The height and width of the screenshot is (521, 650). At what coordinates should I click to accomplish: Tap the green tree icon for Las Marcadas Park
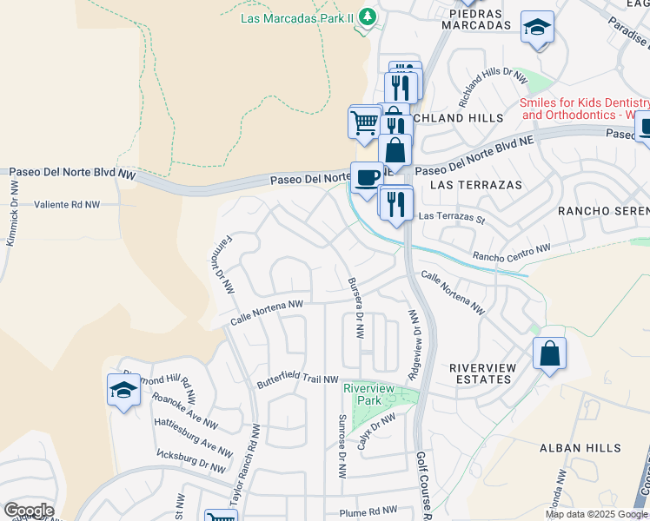(x=368, y=16)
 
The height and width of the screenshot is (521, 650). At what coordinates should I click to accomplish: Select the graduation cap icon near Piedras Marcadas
(x=537, y=30)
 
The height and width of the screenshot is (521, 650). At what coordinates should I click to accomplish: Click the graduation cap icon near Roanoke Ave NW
(x=123, y=391)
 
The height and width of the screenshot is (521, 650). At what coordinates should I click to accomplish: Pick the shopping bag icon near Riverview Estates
(x=549, y=354)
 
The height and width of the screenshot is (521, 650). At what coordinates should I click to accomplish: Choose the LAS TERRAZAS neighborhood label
(x=476, y=185)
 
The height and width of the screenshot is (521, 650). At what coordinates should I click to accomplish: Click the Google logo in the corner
(x=28, y=511)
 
